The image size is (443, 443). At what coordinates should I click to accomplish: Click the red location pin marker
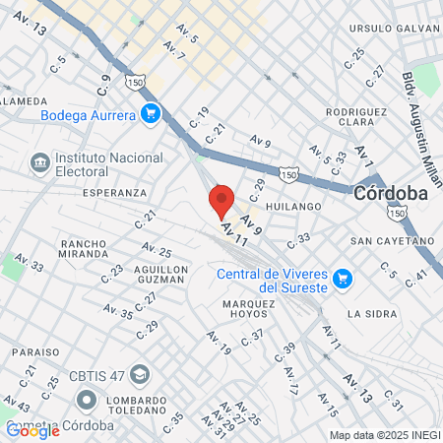point(221,202)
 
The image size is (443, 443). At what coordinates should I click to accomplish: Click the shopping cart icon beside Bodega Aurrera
point(151,114)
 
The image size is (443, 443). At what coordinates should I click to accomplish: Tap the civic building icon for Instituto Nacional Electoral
point(39,160)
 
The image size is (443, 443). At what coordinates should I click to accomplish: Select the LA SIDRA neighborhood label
point(370,314)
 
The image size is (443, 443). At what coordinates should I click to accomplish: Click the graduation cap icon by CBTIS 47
point(140,375)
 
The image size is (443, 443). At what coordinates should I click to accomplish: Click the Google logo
point(32,430)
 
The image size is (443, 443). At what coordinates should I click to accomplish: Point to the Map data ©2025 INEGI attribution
point(383,435)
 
